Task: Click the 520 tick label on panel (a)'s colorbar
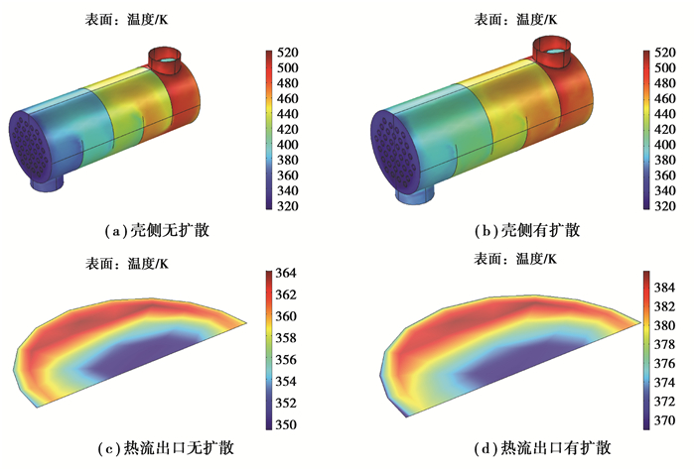[288, 53]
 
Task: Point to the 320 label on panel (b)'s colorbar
[665, 206]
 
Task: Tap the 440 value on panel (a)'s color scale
[288, 114]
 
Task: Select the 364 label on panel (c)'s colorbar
[286, 273]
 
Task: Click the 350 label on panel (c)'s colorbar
[286, 424]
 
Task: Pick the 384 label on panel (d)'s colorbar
[664, 288]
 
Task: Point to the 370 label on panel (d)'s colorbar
[664, 420]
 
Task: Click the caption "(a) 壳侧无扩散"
[157, 231]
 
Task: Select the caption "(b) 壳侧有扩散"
[527, 231]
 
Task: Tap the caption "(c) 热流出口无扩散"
[166, 448]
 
